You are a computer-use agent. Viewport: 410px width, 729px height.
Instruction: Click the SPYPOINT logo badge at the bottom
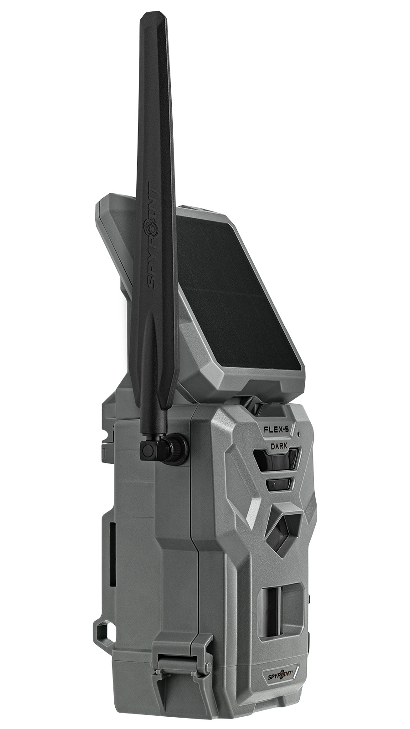click(278, 672)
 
